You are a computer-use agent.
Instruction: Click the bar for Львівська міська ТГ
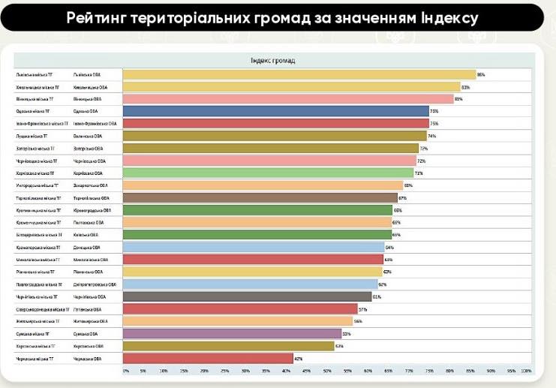click(299, 75)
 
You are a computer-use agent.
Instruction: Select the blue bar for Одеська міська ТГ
click(275, 111)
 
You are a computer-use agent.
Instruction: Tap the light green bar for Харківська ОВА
click(268, 173)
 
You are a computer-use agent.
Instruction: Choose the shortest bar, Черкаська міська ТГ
click(208, 359)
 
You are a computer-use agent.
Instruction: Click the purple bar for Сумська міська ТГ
click(232, 334)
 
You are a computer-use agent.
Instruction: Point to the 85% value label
click(481, 75)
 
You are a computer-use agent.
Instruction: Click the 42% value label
click(298, 359)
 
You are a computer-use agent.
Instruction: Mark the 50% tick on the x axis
click(328, 371)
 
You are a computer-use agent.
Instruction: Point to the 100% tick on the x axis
click(526, 371)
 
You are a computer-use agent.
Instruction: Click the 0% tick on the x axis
click(125, 371)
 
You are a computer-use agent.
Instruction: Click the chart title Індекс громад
click(272, 60)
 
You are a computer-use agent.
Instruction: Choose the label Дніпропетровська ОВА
click(95, 284)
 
